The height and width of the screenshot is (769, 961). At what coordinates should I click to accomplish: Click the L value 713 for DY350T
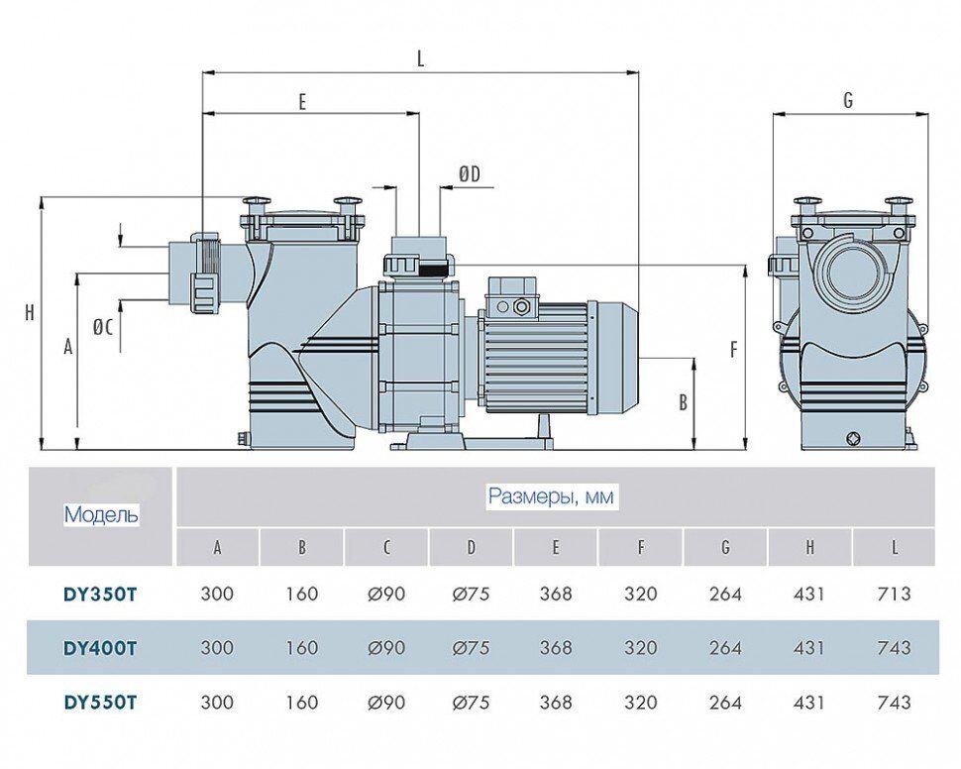[x=895, y=594]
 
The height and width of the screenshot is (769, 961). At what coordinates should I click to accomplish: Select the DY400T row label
[x=100, y=648]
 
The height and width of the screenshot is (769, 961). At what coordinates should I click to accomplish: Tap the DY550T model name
[x=100, y=703]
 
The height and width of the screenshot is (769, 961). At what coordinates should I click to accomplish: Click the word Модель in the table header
[x=101, y=514]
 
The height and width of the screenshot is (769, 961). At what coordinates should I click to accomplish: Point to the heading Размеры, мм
[x=551, y=496]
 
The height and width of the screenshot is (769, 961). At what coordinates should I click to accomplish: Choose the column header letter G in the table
[x=725, y=547]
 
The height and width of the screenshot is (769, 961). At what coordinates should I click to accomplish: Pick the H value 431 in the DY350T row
[x=809, y=594]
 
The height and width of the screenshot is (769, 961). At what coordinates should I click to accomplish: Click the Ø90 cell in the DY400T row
[x=386, y=648]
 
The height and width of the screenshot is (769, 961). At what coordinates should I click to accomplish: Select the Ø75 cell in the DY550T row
[x=471, y=703]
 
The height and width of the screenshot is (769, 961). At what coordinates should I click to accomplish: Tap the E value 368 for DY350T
[x=555, y=594]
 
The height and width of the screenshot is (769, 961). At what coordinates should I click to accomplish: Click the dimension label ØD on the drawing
[x=469, y=174]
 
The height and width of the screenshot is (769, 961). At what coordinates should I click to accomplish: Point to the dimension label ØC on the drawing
[x=103, y=328]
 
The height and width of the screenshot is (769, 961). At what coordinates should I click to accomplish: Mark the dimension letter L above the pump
[x=420, y=58]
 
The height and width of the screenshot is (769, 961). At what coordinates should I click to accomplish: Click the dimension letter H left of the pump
[x=30, y=313]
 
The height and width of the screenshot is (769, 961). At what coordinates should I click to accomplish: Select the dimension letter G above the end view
[x=848, y=100]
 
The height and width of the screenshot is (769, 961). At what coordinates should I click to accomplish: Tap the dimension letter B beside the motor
[x=683, y=402]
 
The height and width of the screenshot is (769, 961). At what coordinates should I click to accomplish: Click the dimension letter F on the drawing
[x=733, y=350]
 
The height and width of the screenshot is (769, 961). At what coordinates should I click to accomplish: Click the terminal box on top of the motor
[x=512, y=294]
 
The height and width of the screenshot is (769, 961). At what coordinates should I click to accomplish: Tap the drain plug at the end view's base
[x=854, y=438]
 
